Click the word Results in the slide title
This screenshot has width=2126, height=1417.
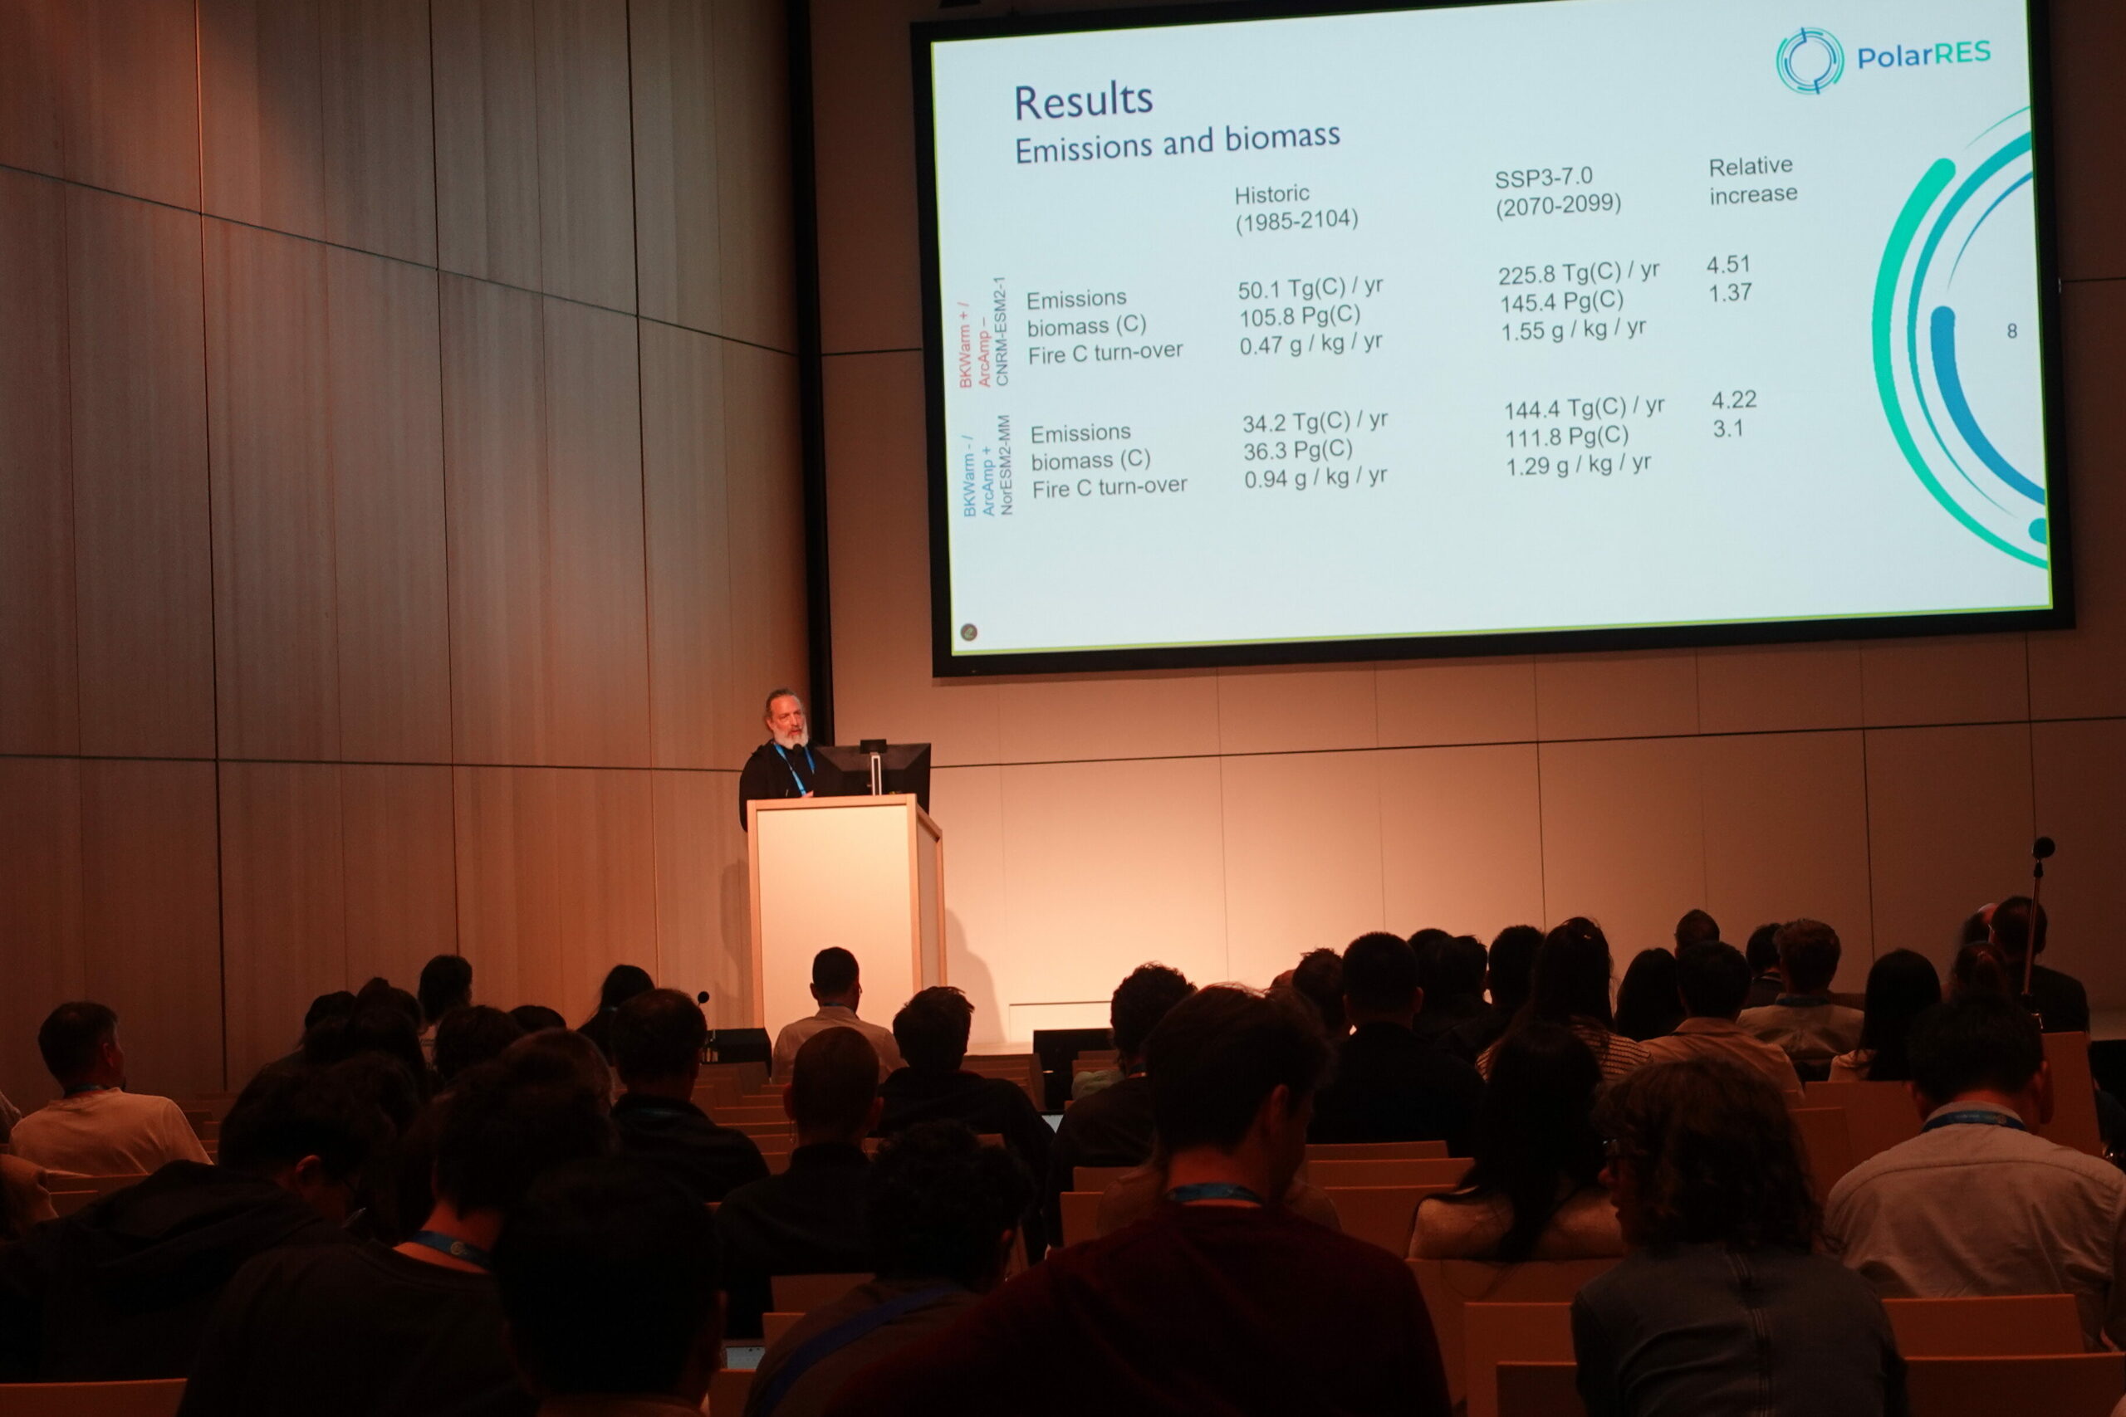1083,101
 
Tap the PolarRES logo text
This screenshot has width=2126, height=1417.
1923,56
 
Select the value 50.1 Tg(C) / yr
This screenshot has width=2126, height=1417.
1310,288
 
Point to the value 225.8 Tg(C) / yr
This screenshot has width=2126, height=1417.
1578,272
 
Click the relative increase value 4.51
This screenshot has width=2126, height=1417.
1728,265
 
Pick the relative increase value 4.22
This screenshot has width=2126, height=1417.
1734,399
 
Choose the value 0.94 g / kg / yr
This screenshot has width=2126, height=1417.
1315,477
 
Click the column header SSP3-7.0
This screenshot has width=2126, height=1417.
1543,177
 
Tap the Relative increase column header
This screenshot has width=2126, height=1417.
1752,179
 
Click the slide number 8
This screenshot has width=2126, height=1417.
2012,330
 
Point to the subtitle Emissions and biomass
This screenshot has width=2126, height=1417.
1177,143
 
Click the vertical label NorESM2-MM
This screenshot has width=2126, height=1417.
1003,465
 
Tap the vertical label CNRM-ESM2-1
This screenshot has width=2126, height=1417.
1000,332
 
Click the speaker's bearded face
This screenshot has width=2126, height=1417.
786,721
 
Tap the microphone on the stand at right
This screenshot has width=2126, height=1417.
2042,848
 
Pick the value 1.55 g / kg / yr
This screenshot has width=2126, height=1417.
1573,329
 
